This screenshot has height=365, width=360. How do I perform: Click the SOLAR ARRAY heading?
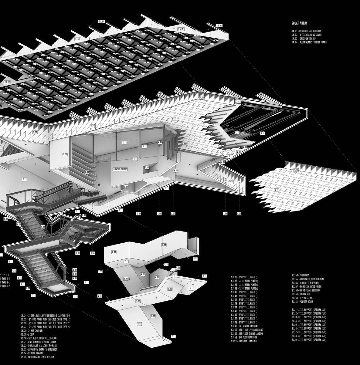pyautogui.click(x=300, y=22)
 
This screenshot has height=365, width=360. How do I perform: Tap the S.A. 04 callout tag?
pyautogui.click(x=101, y=22)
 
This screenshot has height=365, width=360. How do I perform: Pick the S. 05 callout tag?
pyautogui.click(x=139, y=214)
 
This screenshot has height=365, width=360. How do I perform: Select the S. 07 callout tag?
pyautogui.click(x=173, y=214)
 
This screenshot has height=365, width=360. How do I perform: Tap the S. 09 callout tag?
pyautogui.click(x=239, y=214)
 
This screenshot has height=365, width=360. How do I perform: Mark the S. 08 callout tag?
pyautogui.click(x=225, y=214)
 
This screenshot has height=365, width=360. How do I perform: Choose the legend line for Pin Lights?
pyautogui.click(x=300, y=275)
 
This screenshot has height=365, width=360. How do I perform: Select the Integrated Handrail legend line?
pyautogui.click(x=245, y=326)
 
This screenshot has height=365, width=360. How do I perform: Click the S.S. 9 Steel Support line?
pyautogui.click(x=309, y=340)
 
